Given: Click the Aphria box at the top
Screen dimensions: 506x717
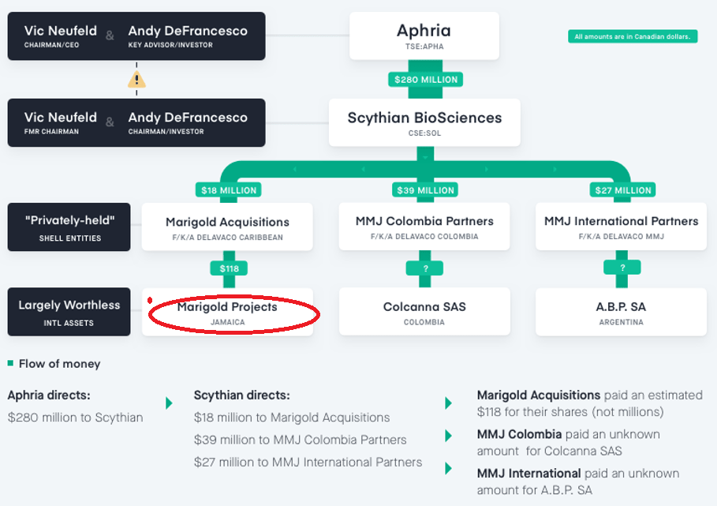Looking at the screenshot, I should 424,36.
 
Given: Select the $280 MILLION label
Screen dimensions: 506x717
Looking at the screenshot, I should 424,80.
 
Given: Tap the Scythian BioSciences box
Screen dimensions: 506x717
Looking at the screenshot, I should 424,122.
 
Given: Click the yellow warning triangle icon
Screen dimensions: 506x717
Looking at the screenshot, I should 136,80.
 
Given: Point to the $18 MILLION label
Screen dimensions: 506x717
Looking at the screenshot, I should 228,189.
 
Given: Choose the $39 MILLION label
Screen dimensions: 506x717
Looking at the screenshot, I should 424,189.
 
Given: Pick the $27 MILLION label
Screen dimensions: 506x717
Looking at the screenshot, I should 622,189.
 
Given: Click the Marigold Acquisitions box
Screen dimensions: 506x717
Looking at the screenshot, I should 227,227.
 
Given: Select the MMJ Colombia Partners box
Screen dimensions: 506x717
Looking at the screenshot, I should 424,227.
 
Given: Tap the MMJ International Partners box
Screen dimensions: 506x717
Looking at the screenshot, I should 621,227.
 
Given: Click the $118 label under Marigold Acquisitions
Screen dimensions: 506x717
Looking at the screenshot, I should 228,268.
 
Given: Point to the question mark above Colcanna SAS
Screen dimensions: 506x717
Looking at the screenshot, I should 424,268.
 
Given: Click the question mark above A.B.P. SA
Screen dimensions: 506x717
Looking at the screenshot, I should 622,268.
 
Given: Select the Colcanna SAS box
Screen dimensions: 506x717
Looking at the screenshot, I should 424,312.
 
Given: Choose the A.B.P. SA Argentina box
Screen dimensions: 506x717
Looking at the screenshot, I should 621,312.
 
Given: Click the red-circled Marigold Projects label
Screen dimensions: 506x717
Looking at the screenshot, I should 227,313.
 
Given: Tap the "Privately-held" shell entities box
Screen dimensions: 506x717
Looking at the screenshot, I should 69,227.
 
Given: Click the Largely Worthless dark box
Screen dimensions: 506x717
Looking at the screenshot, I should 69,312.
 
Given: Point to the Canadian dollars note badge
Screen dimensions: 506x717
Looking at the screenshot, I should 633,36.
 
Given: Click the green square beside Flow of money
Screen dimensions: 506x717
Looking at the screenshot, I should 10,364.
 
